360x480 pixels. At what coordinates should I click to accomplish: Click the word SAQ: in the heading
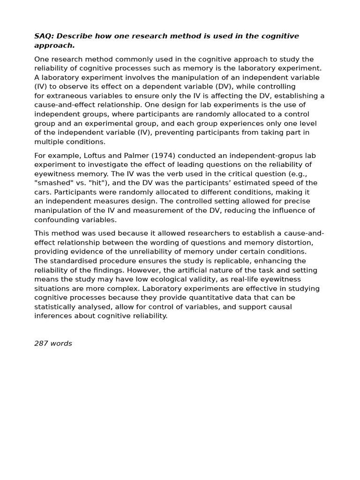(44, 37)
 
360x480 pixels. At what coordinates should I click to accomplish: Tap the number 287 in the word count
(41, 344)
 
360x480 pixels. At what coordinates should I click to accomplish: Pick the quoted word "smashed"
(53, 183)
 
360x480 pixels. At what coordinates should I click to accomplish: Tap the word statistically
(56, 307)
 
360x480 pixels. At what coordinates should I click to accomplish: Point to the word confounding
(55, 220)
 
